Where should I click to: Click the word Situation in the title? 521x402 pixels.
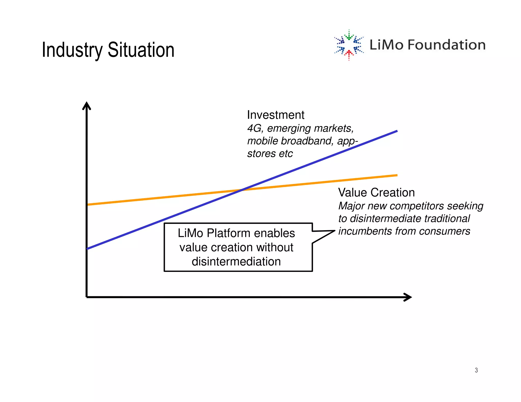pos(141,50)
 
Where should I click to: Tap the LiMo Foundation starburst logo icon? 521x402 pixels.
pos(349,45)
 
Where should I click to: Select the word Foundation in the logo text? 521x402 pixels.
pos(446,45)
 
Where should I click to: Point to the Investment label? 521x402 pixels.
pos(276,115)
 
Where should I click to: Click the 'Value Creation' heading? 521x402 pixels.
pos(376,192)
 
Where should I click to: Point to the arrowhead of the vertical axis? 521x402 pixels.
pos(87,104)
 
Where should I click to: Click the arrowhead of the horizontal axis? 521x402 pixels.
pos(409,297)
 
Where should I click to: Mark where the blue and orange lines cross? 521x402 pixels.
pos(242,190)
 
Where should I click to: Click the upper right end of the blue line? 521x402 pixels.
pos(396,131)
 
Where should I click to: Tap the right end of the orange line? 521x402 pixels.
pos(396,175)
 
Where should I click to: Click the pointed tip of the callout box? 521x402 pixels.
pos(334,231)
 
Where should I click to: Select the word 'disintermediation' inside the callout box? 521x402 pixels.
pos(236,261)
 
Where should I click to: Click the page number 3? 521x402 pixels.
pos(476,370)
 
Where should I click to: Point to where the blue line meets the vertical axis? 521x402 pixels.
pos(87,249)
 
